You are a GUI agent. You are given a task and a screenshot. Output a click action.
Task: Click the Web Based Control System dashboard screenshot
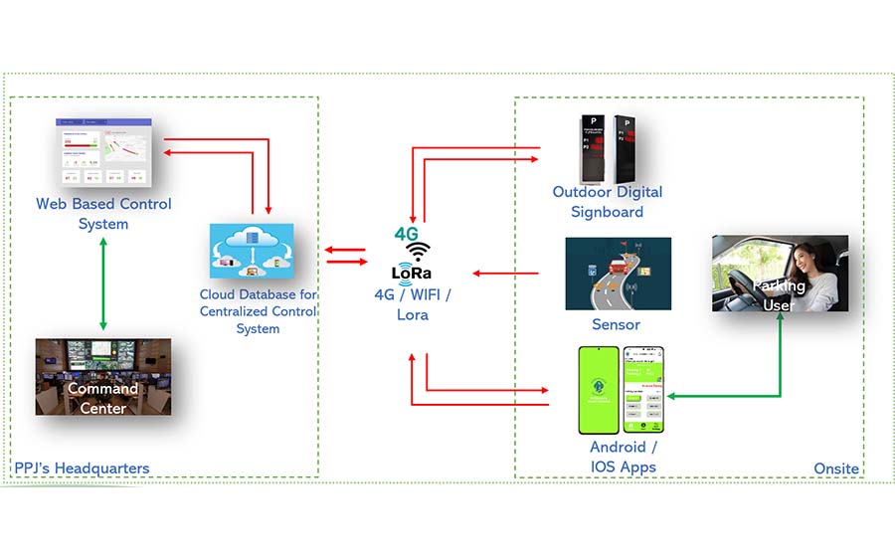[104, 152]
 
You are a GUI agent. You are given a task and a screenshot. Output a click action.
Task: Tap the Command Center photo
[103, 376]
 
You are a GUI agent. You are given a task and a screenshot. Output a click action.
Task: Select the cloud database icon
[252, 251]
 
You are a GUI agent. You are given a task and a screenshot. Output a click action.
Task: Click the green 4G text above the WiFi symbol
[407, 234]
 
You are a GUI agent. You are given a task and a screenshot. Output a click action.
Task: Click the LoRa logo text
[412, 273]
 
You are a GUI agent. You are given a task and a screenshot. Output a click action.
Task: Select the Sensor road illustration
[618, 274]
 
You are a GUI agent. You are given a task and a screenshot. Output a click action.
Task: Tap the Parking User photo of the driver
[780, 274]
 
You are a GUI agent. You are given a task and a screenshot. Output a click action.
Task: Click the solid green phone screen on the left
[599, 390]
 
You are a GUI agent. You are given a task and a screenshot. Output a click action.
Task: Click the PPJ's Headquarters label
[82, 467]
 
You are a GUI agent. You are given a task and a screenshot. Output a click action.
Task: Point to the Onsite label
[835, 467]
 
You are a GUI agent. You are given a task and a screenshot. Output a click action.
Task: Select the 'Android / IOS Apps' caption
[624, 458]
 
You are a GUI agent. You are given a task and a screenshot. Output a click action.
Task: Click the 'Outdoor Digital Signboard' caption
[607, 202]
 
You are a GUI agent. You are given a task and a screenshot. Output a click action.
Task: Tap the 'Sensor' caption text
[617, 324]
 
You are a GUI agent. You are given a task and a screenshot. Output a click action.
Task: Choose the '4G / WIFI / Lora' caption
[413, 304]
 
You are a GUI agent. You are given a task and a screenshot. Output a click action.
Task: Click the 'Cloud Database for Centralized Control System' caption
[258, 311]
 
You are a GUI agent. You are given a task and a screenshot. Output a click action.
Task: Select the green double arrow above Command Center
[103, 285]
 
